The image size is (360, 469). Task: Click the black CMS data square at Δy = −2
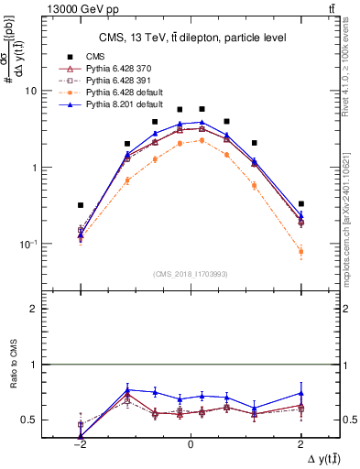click(x=81, y=205)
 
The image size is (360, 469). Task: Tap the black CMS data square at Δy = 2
click(x=300, y=203)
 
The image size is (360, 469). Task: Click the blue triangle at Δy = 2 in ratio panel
click(x=300, y=393)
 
